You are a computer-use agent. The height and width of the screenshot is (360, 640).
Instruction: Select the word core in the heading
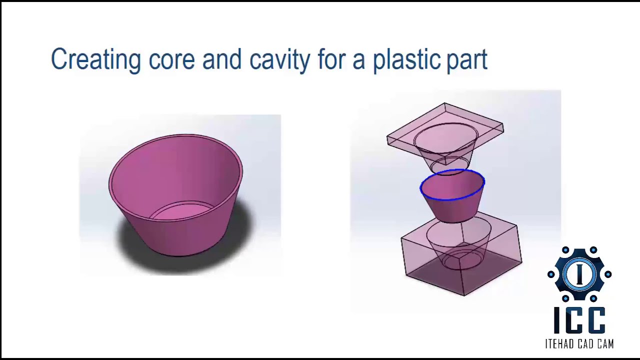coord(171,60)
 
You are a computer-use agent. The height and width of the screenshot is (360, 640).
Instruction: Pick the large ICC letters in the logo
coord(579,320)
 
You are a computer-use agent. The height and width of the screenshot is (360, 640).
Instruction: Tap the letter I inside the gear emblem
coord(579,273)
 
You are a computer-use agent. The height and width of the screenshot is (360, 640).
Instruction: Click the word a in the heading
coord(358,61)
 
